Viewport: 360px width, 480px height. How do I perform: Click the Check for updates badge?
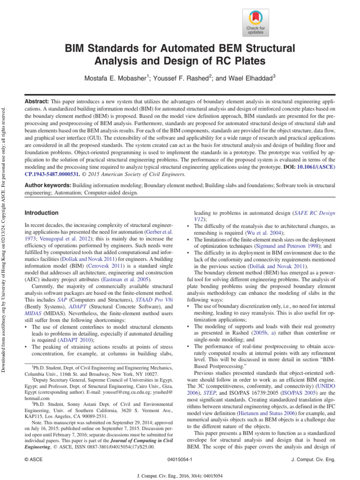[255, 23]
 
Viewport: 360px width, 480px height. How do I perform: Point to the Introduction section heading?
[41, 213]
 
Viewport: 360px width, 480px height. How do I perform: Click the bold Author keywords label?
[48, 186]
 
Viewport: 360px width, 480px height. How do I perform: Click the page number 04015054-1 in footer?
[180, 460]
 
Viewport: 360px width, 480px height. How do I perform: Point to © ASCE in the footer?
[34, 460]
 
